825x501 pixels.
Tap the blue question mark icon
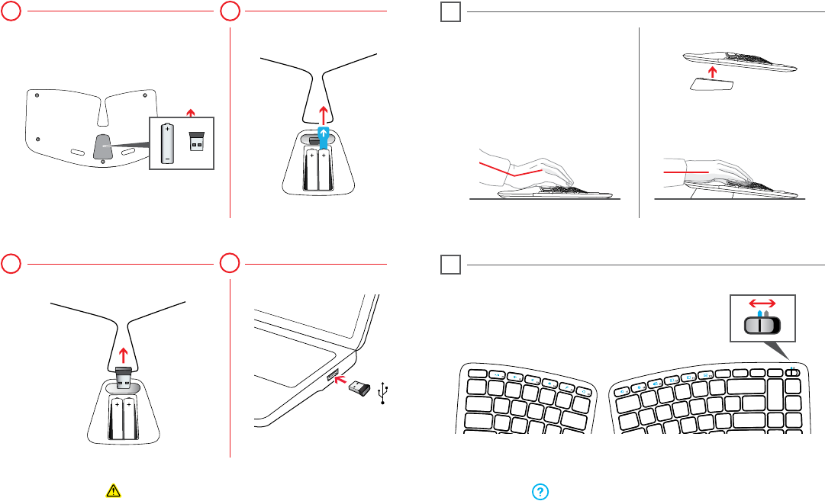[538, 492]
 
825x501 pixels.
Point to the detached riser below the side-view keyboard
[711, 85]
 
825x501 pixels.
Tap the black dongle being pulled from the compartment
[123, 378]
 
